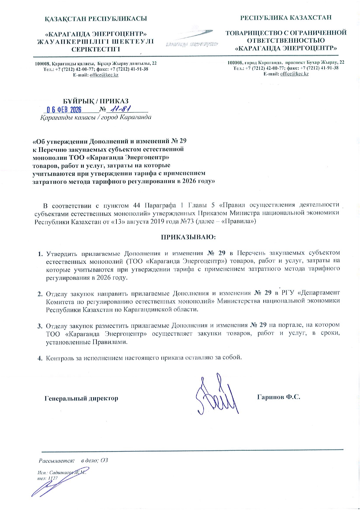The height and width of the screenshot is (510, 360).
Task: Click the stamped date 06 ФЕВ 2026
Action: point(64,110)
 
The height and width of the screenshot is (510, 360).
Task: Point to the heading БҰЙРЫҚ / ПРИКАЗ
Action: point(96,101)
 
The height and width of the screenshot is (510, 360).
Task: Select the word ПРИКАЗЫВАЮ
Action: point(188,237)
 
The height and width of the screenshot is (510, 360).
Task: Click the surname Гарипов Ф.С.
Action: point(278,397)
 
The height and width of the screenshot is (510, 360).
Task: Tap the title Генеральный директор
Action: point(81,398)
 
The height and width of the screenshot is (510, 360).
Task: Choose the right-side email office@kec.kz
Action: point(294,74)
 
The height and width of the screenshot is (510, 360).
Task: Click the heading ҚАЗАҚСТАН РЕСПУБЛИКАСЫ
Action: point(96,19)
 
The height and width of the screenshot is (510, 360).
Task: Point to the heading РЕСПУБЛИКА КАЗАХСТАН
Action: point(286,18)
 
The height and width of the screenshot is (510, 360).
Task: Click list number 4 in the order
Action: point(40,358)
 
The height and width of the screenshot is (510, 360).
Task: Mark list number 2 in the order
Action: point(40,294)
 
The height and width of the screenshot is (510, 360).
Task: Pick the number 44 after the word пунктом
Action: point(136,206)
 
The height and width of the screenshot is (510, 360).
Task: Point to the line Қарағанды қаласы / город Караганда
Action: point(96,118)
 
